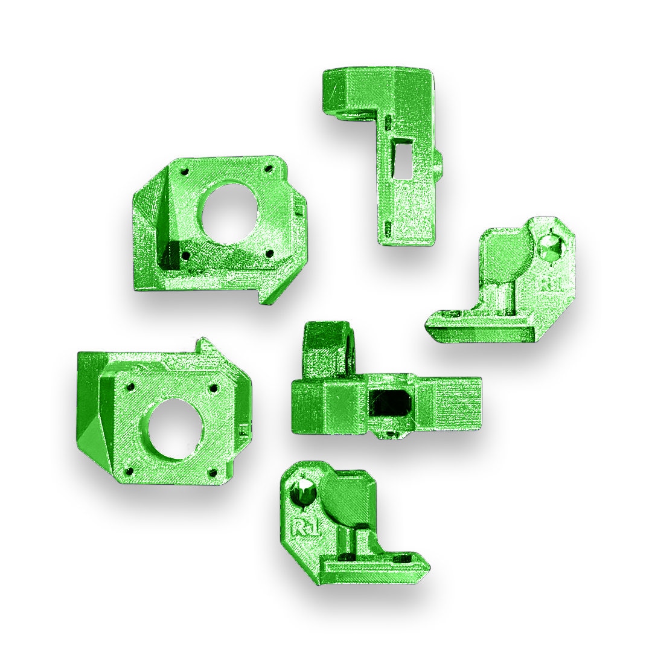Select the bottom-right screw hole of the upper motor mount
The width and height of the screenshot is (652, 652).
[x=270, y=252]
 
